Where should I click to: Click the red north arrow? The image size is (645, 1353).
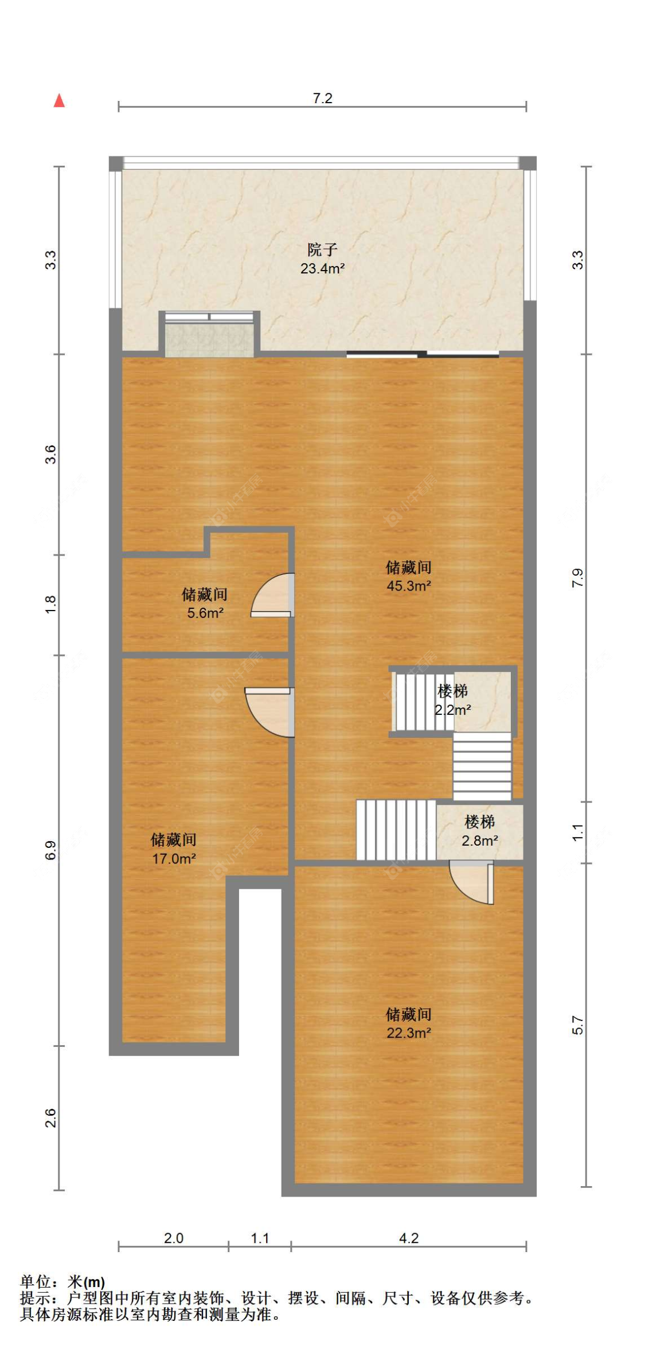(59, 101)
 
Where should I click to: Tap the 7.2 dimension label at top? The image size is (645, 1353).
(322, 98)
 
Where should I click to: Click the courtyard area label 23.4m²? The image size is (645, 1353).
(322, 268)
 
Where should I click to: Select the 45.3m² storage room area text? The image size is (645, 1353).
(408, 585)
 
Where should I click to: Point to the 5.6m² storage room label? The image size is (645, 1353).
(205, 613)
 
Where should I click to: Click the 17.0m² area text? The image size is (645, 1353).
(174, 858)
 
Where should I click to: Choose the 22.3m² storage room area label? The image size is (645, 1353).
(408, 1033)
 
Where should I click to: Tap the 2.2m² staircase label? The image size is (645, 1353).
(452, 710)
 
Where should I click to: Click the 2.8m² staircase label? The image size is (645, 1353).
(480, 840)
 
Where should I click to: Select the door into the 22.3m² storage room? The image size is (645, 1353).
(472, 883)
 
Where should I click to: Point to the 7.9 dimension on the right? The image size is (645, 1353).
(577, 577)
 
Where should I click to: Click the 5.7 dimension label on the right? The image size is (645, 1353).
(577, 1026)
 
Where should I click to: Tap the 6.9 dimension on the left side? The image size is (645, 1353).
(50, 850)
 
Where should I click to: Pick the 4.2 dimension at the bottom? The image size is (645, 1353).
(408, 1238)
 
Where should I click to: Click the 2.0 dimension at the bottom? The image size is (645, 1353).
(173, 1238)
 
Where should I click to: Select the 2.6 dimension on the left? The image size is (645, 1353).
(50, 1117)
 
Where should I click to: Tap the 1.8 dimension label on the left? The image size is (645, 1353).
(50, 605)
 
